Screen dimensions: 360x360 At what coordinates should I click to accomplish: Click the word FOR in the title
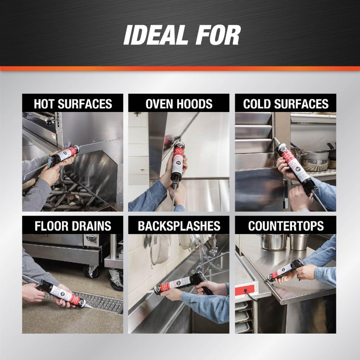pyautogui.click(x=218, y=35)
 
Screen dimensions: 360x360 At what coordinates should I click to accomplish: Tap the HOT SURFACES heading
pyautogui.click(x=72, y=104)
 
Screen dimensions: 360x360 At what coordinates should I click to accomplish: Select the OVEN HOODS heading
pyautogui.click(x=179, y=104)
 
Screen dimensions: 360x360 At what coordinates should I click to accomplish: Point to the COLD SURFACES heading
pyautogui.click(x=285, y=104)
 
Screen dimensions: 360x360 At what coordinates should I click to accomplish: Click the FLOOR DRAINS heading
pyautogui.click(x=72, y=225)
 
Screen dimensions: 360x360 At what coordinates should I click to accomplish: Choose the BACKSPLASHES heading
pyautogui.click(x=179, y=225)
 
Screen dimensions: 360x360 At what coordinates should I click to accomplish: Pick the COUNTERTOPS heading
pyautogui.click(x=285, y=225)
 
